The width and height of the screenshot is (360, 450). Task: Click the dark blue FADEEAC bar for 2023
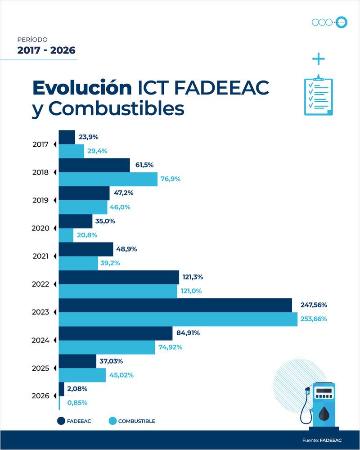175,305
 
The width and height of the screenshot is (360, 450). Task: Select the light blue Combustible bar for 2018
108,179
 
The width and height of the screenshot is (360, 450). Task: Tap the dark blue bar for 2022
119,277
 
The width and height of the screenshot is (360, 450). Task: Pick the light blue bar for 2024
107,347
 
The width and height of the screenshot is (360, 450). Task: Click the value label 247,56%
314,305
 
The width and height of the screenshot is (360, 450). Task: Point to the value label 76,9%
171,179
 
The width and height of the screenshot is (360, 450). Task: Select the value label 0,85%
77,403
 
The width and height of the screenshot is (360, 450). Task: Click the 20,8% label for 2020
87,235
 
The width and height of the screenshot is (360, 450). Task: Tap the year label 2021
40,256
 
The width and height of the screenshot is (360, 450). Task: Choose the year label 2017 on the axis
40,144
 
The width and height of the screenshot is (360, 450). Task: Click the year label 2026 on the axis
40,396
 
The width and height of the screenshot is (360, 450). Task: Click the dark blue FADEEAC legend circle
62,421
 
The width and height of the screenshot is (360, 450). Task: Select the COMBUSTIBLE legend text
136,421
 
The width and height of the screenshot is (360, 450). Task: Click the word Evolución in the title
81,88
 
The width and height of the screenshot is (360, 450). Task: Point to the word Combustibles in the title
117,109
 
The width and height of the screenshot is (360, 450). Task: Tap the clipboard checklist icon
318,94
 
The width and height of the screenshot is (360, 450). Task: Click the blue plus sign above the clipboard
318,59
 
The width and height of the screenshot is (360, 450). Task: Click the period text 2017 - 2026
46,50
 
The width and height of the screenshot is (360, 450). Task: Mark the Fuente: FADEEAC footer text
321,440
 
